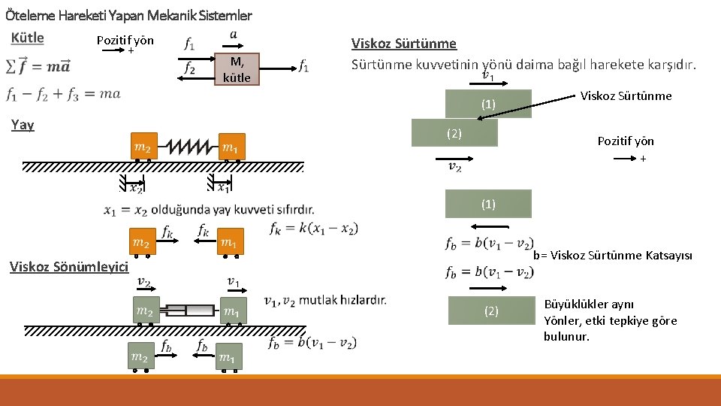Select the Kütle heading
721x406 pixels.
[x=28, y=38]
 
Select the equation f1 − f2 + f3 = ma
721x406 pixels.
[x=63, y=95]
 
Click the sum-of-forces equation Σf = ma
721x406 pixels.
[x=38, y=66]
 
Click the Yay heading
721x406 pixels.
[x=23, y=125]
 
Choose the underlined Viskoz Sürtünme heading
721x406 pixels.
[x=404, y=44]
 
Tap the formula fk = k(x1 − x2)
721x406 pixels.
[x=313, y=228]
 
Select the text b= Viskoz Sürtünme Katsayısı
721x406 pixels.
[x=612, y=255]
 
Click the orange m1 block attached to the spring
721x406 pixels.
[x=231, y=147]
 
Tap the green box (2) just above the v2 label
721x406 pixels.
[x=454, y=133]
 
